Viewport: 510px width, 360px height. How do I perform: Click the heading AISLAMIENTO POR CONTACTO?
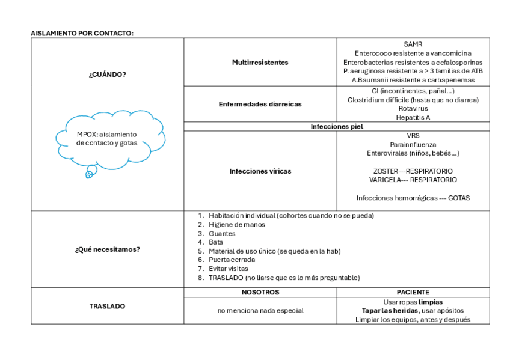click(82, 34)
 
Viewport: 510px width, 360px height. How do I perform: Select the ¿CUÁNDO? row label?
click(108, 75)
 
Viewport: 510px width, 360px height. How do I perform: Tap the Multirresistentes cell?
click(260, 63)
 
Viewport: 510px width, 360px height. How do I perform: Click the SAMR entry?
click(413, 44)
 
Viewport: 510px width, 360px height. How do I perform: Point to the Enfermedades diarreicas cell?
click(260, 104)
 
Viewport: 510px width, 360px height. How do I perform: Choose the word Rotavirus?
click(413, 109)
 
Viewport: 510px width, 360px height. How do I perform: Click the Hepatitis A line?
click(413, 118)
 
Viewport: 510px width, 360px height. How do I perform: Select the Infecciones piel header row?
click(336, 127)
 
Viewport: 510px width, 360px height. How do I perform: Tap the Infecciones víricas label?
click(260, 171)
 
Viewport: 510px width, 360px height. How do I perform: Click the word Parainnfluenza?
click(413, 145)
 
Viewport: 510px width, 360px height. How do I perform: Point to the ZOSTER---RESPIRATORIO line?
click(413, 171)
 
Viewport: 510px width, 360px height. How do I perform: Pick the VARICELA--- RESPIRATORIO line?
click(413, 180)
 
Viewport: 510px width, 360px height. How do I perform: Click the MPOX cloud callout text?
click(107, 139)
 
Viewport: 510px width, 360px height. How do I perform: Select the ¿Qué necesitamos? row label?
click(108, 249)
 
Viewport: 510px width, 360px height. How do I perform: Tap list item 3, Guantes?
click(222, 234)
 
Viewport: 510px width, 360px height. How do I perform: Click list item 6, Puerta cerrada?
click(232, 260)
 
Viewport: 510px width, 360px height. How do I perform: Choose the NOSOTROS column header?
click(260, 293)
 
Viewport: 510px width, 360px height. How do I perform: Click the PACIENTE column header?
click(413, 293)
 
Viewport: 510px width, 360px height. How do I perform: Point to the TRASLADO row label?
click(108, 307)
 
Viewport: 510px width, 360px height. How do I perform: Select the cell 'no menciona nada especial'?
click(260, 311)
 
